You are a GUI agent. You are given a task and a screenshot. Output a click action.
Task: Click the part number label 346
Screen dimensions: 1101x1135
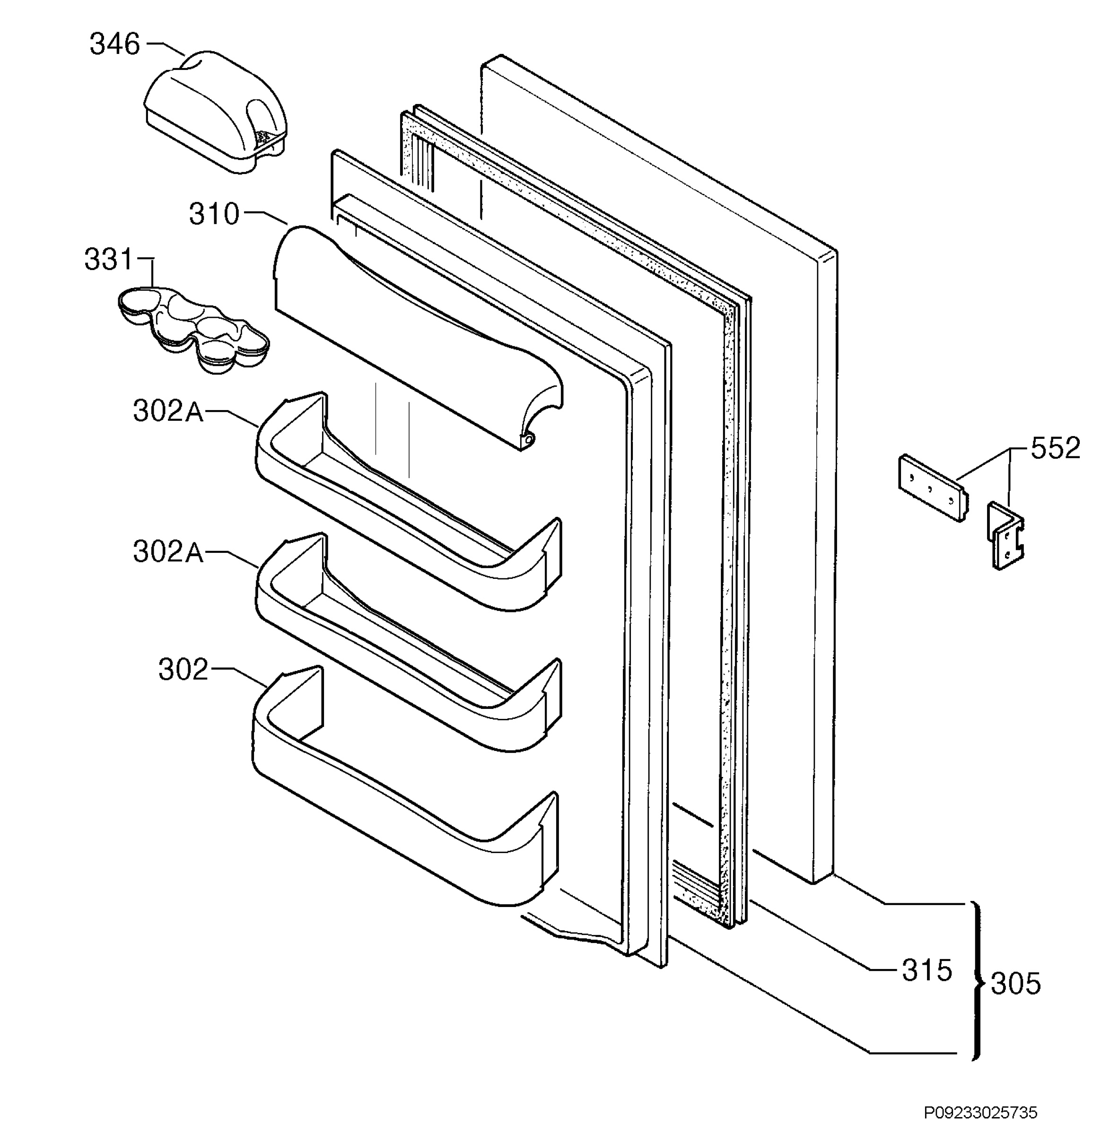tap(114, 44)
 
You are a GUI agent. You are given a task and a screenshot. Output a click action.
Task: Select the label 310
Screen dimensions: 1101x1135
tap(214, 214)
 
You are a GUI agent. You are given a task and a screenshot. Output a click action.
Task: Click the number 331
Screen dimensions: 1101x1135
tap(109, 260)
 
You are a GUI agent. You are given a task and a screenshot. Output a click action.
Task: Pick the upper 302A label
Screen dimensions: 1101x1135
tap(168, 411)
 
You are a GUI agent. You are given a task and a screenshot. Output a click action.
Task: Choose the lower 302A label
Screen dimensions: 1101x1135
tap(168, 552)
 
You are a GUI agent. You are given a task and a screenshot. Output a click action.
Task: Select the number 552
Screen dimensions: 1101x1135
tap(1055, 448)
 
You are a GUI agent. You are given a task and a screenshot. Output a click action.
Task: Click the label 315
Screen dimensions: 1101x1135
tap(926, 970)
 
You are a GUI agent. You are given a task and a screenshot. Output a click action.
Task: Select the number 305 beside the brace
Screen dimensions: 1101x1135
tap(1016, 984)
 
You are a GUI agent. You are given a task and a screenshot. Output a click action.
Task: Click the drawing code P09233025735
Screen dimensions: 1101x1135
tap(980, 1113)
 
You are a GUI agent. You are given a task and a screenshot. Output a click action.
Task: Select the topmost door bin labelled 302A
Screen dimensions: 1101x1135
tap(408, 501)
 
